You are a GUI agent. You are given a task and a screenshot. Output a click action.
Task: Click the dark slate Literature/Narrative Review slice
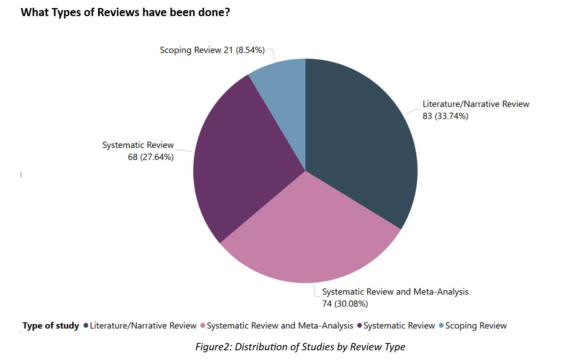[359, 141]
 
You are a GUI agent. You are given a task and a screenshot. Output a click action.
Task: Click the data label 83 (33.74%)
[445, 116]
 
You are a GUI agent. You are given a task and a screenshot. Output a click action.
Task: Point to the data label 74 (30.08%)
[345, 304]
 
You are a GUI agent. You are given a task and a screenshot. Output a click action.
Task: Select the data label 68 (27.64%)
[151, 157]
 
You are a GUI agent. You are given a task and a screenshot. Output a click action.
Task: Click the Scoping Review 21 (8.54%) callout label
[212, 50]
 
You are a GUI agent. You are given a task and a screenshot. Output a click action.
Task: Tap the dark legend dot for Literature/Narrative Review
[86, 326]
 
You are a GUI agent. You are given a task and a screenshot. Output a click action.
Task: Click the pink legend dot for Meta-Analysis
[203, 326]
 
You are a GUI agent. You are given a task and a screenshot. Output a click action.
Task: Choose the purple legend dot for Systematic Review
[359, 326]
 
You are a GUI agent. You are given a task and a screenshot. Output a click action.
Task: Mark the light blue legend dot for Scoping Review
[441, 326]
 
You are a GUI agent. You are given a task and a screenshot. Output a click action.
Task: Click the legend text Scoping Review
[476, 326]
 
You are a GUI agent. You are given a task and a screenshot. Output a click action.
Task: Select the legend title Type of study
[50, 326]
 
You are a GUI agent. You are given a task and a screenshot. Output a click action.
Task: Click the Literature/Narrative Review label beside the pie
[476, 104]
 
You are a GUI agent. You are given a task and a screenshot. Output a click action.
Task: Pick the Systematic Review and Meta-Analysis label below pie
[395, 292]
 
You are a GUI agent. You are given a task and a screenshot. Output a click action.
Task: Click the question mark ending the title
[227, 13]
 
